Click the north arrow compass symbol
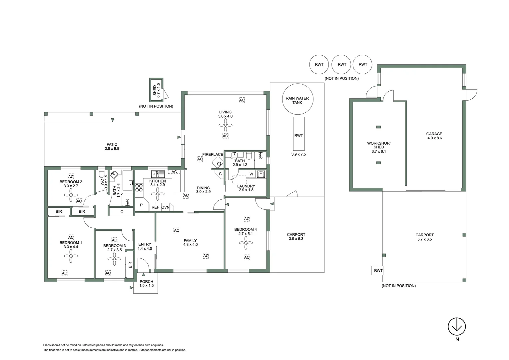tap(457, 326)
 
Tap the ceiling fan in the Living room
tap(226, 126)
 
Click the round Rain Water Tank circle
tap(297, 100)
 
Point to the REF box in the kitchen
tap(155, 207)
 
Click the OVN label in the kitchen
tap(166, 207)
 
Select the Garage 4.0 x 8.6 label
tap(434, 136)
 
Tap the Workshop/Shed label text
tap(379, 147)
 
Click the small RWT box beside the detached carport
tap(378, 270)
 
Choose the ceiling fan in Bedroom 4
tap(246, 243)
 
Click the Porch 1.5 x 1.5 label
tap(147, 284)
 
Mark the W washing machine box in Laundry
tap(251, 174)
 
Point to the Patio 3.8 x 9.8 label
tap(112, 147)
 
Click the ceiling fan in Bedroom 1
tap(71, 256)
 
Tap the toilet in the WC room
tap(101, 174)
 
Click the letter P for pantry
tap(141, 205)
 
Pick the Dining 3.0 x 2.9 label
tap(203, 190)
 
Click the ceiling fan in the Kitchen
tap(158, 193)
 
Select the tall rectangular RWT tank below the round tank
tap(298, 134)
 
